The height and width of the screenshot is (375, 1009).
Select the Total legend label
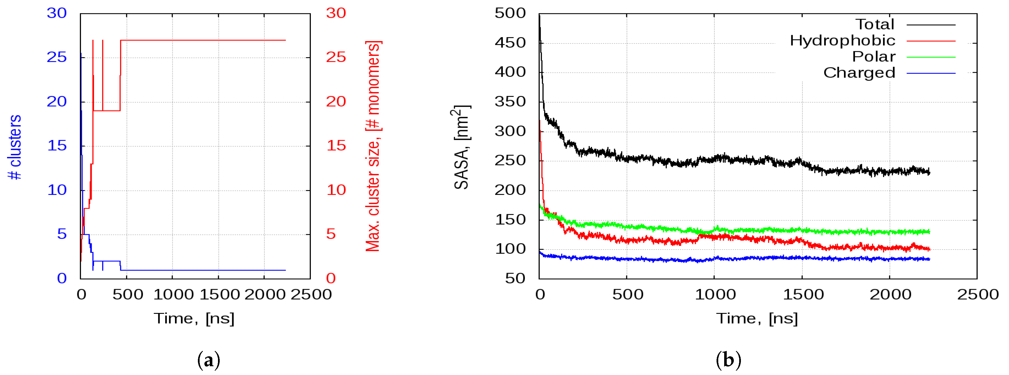pyautogui.click(x=875, y=25)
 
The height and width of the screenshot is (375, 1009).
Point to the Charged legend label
pyautogui.click(x=859, y=73)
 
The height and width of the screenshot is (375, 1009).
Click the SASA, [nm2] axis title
pyautogui.click(x=462, y=147)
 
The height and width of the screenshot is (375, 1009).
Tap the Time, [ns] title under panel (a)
pyautogui.click(x=194, y=318)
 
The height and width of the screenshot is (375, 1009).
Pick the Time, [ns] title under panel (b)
pyautogui.click(x=757, y=318)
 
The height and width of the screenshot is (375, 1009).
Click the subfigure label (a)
pyautogui.click(x=208, y=360)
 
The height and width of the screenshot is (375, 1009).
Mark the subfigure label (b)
pyautogui.click(x=728, y=360)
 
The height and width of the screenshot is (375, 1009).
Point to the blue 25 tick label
pyautogui.click(x=57, y=57)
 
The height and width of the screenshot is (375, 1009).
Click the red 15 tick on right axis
pyautogui.click(x=336, y=146)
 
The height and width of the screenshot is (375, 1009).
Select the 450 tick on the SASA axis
pyautogui.click(x=510, y=43)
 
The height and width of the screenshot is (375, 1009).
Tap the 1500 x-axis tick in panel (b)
pyautogui.click(x=803, y=294)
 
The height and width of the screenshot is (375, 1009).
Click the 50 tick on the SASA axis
pyautogui.click(x=515, y=278)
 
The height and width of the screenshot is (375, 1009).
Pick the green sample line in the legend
pyautogui.click(x=931, y=57)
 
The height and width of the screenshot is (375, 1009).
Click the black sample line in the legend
pyautogui.click(x=931, y=25)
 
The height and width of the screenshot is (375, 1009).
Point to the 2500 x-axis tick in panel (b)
pyautogui.click(x=978, y=294)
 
